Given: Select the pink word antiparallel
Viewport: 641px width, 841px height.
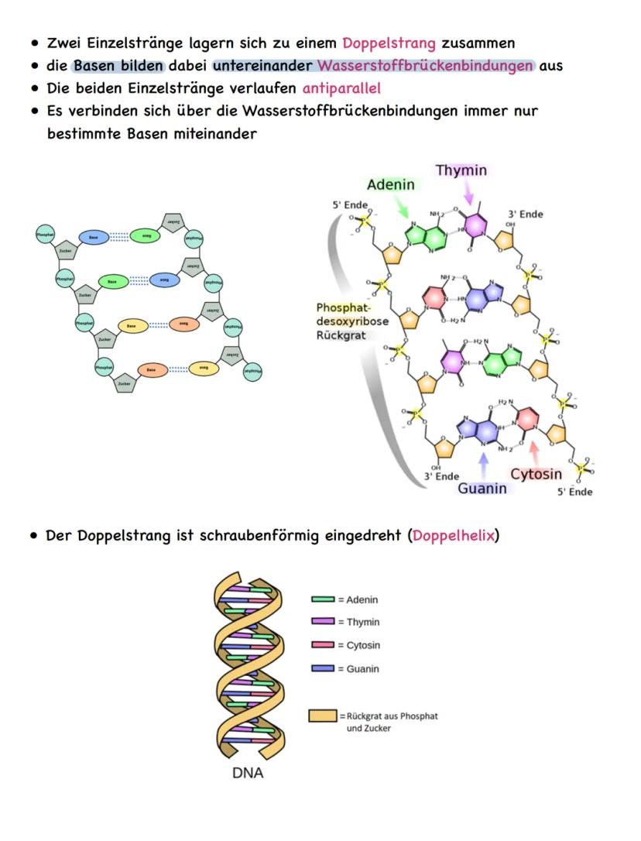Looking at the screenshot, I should click(x=341, y=88).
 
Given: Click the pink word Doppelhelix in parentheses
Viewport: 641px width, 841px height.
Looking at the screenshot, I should click(x=453, y=535).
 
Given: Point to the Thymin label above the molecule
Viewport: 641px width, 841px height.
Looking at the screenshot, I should click(x=461, y=170).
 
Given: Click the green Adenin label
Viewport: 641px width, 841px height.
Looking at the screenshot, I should click(x=390, y=184).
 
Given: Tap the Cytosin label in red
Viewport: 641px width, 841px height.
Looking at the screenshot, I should click(x=536, y=474).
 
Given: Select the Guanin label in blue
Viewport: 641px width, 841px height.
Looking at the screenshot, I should click(x=482, y=488).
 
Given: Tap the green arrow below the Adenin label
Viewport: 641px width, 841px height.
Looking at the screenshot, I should click(x=403, y=208).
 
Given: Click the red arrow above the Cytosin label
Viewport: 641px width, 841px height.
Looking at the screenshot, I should click(x=533, y=453).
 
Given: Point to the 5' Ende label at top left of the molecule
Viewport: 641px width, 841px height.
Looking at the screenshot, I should click(x=350, y=205).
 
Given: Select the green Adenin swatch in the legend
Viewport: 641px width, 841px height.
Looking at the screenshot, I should click(x=322, y=599).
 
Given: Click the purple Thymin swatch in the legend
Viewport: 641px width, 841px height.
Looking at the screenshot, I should click(x=322, y=622).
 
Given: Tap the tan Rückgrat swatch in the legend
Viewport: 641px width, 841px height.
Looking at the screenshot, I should click(x=322, y=716).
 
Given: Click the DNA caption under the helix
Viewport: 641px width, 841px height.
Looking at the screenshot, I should click(x=248, y=773).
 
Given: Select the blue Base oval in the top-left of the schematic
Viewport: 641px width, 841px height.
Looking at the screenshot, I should click(x=93, y=238).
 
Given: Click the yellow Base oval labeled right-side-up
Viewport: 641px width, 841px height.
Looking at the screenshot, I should click(x=132, y=327).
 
